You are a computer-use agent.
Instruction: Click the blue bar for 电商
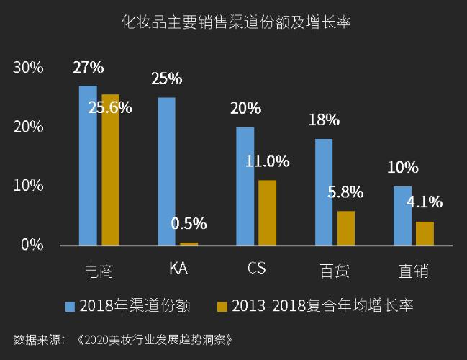pos(88,166)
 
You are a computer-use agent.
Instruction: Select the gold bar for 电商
pos(110,170)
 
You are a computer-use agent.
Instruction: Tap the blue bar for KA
pos(166,171)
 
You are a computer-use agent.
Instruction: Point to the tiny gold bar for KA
pos(189,244)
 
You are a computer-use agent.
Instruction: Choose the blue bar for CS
pos(245,186)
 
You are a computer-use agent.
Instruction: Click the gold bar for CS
pos(267,212)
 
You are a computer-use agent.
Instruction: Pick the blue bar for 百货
pos(324,192)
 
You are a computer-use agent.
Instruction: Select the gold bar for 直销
pos(425,233)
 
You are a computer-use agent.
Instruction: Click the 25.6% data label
pos(109,108)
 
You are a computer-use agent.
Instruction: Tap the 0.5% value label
pos(189,223)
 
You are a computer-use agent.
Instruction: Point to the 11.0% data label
pos(267,161)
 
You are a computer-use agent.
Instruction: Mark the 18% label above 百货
pos(324,120)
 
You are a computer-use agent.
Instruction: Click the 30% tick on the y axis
pos(29,68)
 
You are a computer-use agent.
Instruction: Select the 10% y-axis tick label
pos(29,186)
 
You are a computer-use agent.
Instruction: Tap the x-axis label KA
pos(178,269)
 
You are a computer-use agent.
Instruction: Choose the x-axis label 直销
pos(413,271)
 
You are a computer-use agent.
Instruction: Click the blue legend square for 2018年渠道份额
pos(71,306)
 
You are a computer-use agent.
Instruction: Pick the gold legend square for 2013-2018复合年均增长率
pos(222,306)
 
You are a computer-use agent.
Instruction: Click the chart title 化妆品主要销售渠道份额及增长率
pos(235,23)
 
